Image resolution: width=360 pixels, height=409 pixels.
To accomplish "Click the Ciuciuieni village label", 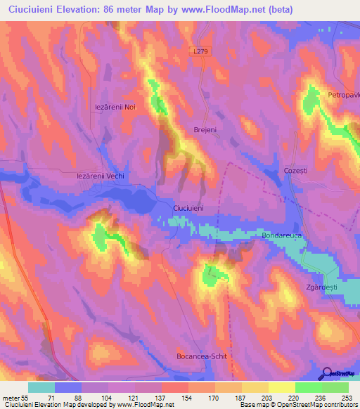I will [188, 209].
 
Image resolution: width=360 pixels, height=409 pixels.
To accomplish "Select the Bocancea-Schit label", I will [201, 357].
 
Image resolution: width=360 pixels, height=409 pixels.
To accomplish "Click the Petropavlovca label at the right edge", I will [343, 94].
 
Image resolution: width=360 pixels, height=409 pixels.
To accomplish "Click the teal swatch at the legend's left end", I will [41, 387].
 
